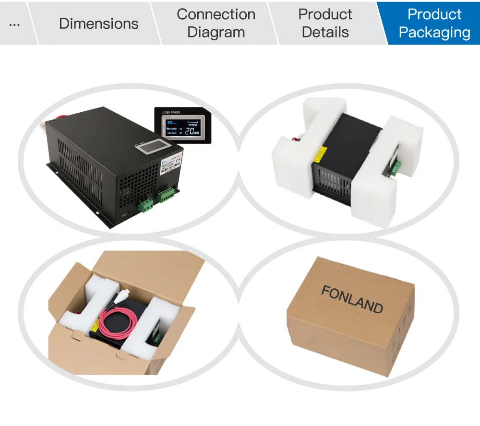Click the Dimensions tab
pos(98,24)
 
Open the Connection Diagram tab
pos(216,24)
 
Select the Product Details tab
pos(325,24)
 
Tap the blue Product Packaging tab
pos(434,24)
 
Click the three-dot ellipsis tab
pos(14,24)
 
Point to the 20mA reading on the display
pos(192,131)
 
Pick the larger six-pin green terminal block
pos(166,194)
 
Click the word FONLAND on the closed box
pos(352,299)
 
